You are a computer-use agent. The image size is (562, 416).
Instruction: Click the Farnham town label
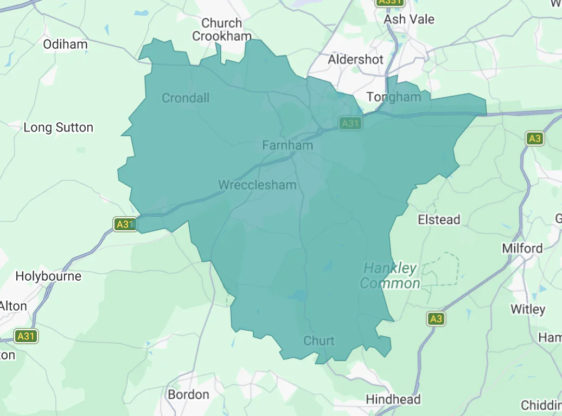tap(288, 146)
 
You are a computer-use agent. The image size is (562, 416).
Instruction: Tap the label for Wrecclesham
tap(257, 185)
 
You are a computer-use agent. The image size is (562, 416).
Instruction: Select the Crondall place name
tap(186, 98)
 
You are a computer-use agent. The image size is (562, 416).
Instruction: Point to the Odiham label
tap(65, 45)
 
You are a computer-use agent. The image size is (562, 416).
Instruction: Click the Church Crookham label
tap(222, 30)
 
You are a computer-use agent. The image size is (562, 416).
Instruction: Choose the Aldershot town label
tap(355, 59)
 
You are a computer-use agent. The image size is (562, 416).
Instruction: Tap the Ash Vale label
tap(409, 19)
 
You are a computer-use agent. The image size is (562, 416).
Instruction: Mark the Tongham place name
tap(394, 97)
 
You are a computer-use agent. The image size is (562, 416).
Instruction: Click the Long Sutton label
tap(59, 128)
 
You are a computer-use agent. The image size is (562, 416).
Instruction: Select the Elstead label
tap(439, 220)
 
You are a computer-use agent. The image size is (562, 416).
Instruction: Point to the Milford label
tap(522, 249)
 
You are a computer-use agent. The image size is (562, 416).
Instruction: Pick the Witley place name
tap(528, 310)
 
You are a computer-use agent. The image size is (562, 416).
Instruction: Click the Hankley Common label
tap(390, 276)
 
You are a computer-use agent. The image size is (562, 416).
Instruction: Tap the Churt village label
tap(319, 341)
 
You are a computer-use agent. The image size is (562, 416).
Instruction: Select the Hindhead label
tap(393, 400)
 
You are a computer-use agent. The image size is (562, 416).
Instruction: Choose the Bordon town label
tap(188, 395)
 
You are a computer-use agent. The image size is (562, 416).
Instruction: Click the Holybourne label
tap(48, 276)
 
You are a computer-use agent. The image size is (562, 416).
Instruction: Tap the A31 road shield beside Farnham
tap(350, 123)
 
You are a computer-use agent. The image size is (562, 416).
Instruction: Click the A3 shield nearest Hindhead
tap(436, 319)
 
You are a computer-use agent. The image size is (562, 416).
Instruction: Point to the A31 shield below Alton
tap(25, 336)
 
